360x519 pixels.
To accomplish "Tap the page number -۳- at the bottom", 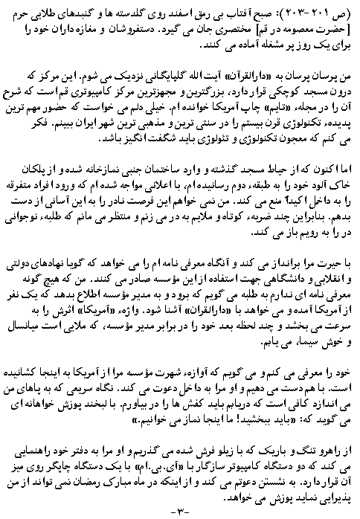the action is click(179, 511).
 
